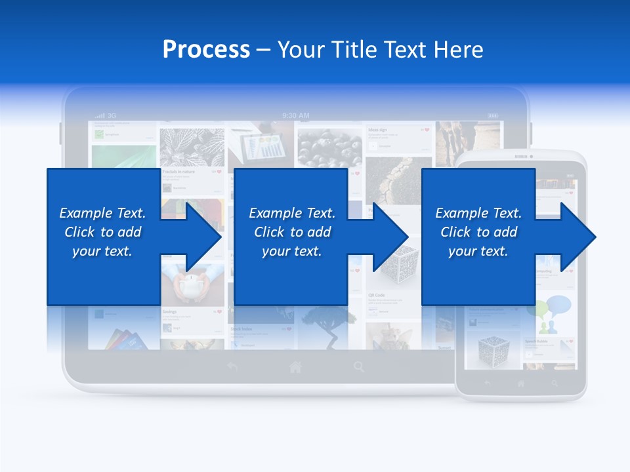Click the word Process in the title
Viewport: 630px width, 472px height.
[206, 50]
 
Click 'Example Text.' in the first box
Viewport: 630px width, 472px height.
[102, 213]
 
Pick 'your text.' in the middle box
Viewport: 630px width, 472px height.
[291, 251]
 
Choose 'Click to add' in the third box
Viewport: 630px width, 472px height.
[479, 232]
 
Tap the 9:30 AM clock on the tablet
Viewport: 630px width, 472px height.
[295, 115]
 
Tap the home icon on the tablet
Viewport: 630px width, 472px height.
[296, 367]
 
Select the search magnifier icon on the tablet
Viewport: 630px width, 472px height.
[359, 367]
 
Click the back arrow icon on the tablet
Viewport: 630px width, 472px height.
[232, 367]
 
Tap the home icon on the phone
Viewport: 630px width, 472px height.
[521, 383]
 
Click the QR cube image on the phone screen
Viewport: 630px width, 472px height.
[492, 347]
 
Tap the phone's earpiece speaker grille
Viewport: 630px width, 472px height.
[520, 157]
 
